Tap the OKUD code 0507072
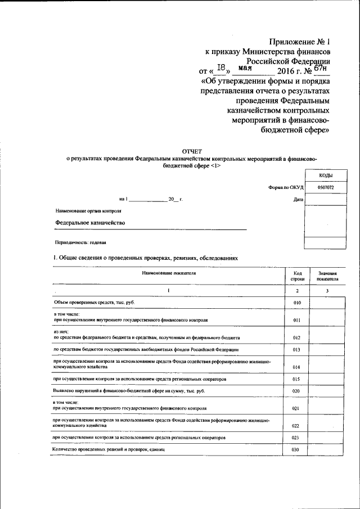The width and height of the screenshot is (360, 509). click(x=325, y=187)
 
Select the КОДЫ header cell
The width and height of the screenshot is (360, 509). click(x=325, y=175)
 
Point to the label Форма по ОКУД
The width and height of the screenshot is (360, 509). click(x=286, y=187)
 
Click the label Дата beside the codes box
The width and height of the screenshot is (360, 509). click(x=298, y=199)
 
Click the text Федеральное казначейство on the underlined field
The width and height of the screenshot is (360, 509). click(x=90, y=223)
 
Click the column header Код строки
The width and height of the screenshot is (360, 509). click(x=298, y=275)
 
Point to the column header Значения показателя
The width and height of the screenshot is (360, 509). click(x=327, y=275)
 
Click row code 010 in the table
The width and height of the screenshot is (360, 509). click(x=298, y=303)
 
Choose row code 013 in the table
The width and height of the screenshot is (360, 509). click(x=298, y=350)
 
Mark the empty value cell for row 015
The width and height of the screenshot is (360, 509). click(x=327, y=379)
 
